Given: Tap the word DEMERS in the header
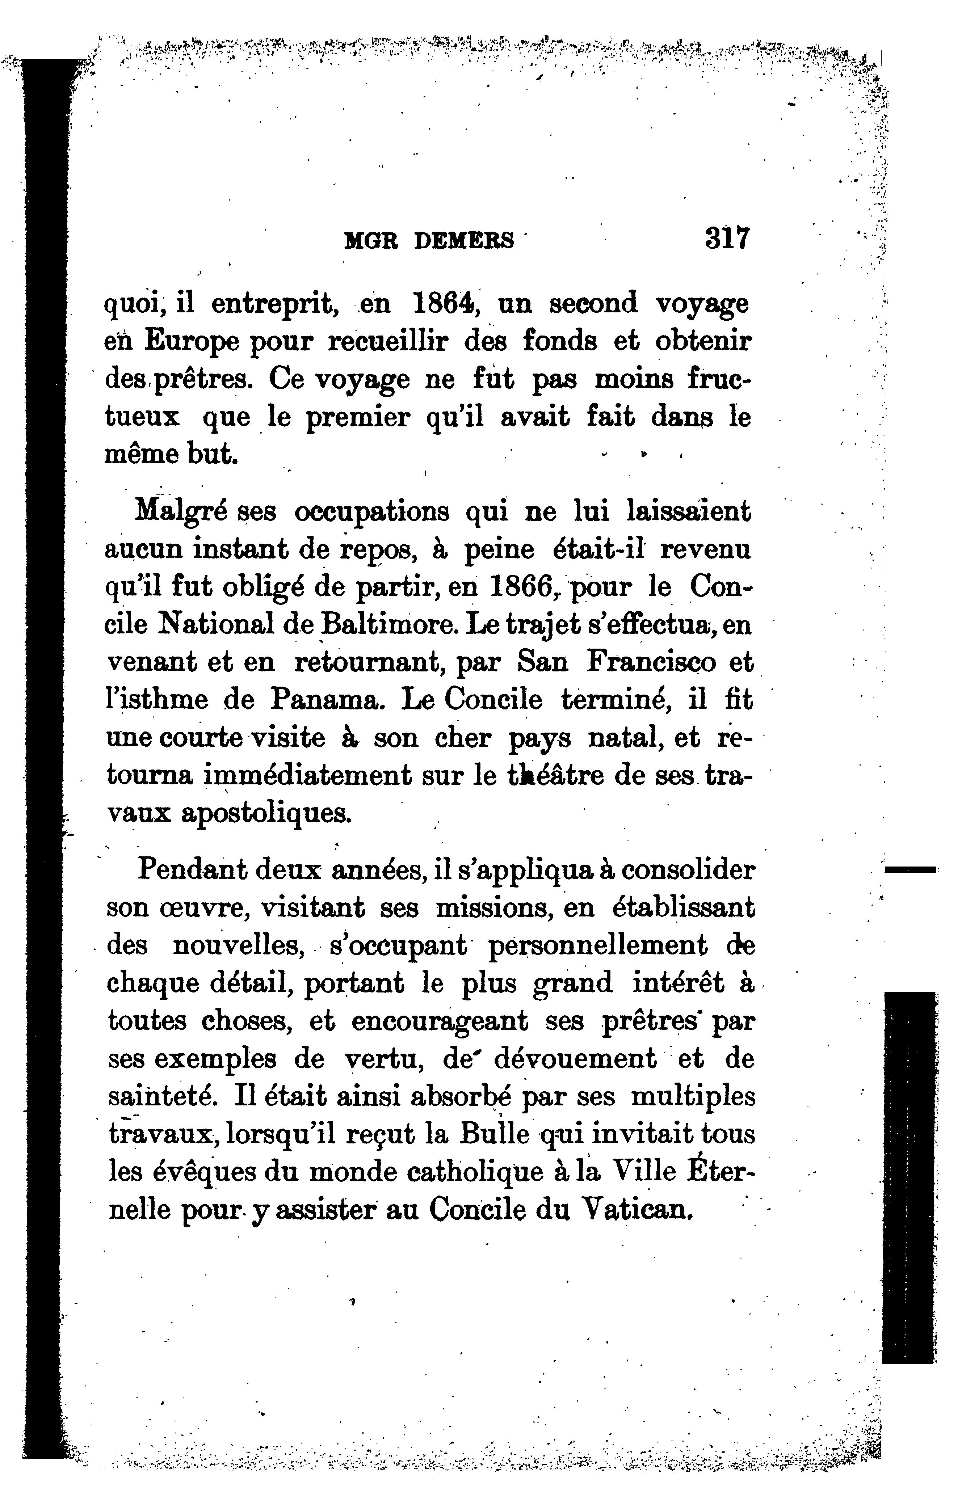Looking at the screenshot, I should pos(464,241).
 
